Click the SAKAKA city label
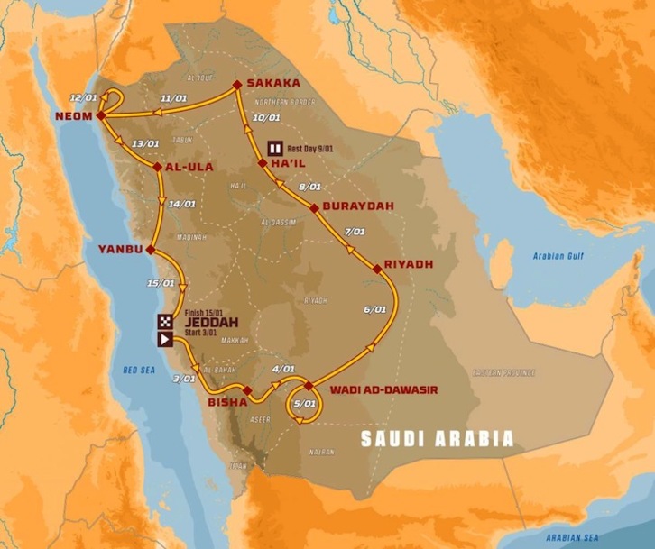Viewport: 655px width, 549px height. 273,84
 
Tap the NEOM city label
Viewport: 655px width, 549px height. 73,116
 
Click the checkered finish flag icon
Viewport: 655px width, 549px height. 165,321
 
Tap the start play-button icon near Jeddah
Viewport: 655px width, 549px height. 165,339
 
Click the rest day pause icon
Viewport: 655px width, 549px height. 274,149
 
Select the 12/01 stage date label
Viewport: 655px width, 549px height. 82,96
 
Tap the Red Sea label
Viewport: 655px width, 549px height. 141,371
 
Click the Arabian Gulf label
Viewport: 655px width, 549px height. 558,256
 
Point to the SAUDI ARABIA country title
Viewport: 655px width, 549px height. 437,439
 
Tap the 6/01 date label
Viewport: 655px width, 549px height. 374,310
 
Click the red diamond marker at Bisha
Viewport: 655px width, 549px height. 246,390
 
